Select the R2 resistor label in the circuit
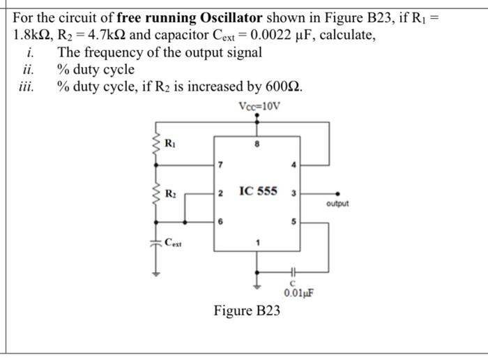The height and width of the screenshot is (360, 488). [170, 192]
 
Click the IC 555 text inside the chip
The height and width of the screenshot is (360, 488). [258, 190]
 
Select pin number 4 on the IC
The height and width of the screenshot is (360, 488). [293, 165]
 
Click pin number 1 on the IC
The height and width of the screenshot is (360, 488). [258, 242]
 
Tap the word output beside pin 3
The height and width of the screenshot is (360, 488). [336, 204]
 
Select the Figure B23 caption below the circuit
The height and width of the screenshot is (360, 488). [247, 310]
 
